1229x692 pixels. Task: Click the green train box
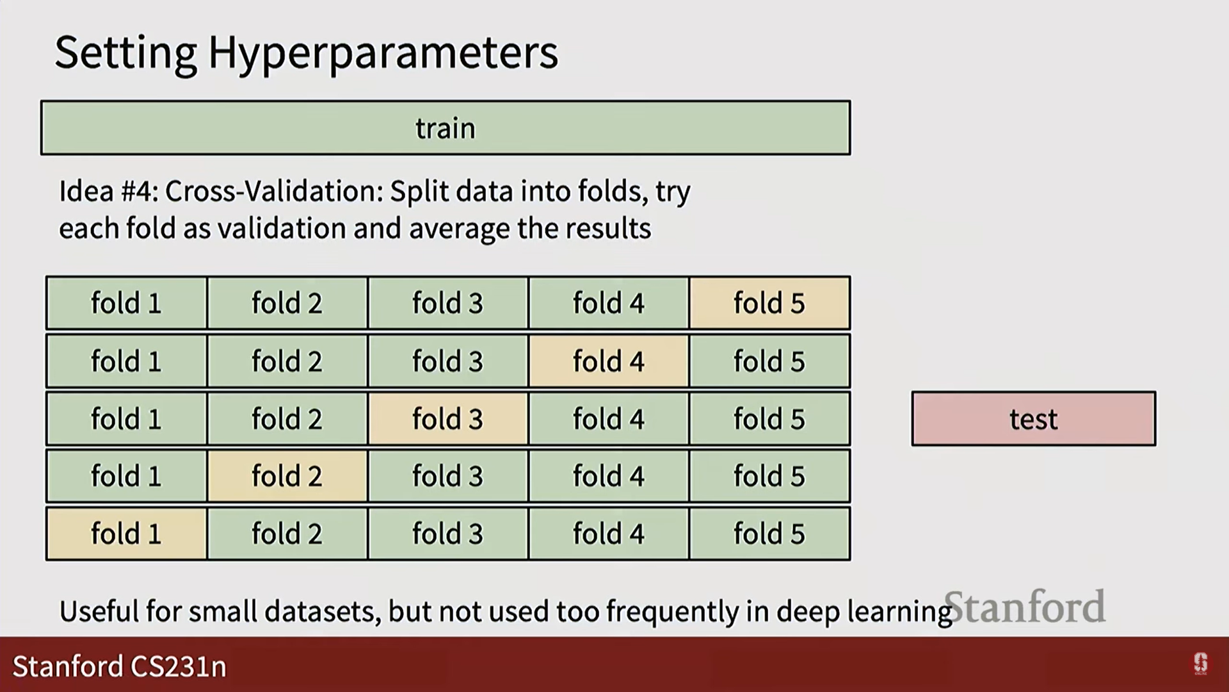446,128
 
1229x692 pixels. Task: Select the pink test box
1033,419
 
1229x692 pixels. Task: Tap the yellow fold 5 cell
769,303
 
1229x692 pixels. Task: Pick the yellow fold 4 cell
609,361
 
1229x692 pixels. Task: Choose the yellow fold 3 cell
447,419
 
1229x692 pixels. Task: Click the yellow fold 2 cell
287,476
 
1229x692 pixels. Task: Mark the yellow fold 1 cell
126,534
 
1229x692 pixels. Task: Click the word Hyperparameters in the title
383,53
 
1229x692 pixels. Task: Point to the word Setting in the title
126,53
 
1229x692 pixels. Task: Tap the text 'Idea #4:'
108,191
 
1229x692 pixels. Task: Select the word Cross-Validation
273,191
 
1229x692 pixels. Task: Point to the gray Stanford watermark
1025,607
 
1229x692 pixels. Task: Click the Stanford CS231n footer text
120,666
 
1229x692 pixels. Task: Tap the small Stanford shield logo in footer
1200,664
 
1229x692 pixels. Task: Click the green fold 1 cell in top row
126,303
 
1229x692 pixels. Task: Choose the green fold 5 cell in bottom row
769,534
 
